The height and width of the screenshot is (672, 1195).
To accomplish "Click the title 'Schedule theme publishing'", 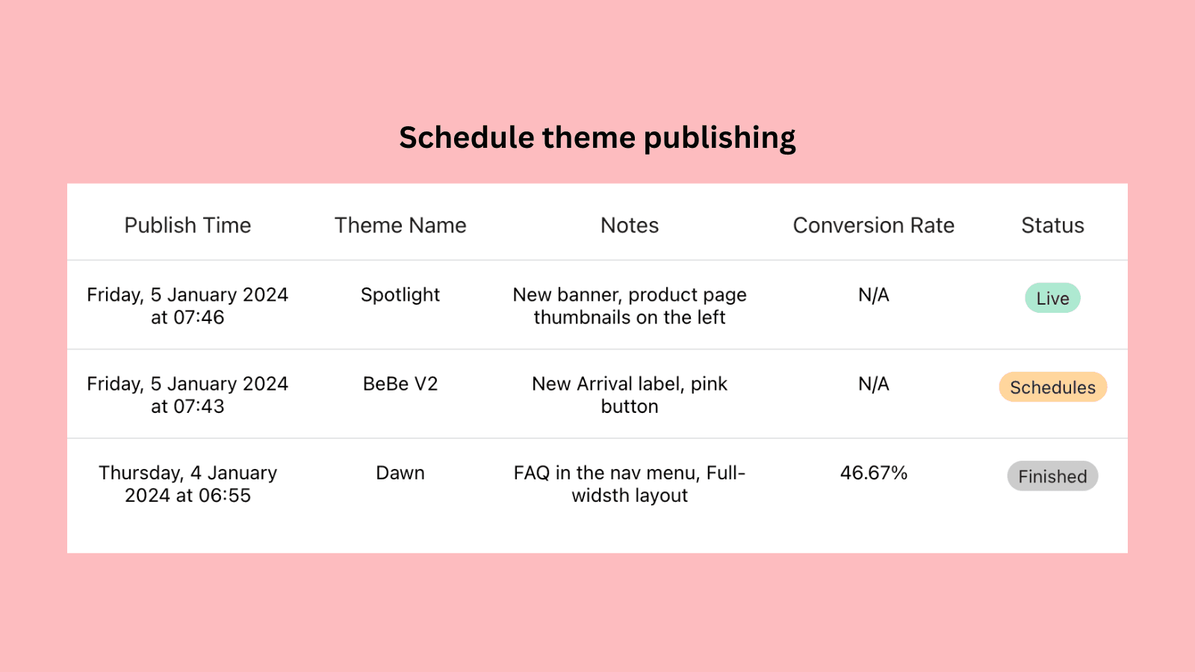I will coord(597,138).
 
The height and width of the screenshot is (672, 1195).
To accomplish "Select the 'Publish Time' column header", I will coord(187,225).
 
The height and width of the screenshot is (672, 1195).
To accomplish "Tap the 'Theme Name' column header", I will coord(400,225).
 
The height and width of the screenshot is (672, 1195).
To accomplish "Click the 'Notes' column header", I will coord(630,225).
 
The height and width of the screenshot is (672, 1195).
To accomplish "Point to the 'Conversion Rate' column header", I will coord(873,225).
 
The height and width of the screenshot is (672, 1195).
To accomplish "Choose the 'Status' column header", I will coord(1052,225).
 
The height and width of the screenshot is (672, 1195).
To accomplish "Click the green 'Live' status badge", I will coord(1052,298).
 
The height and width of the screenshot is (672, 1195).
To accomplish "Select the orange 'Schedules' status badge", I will coord(1052,387).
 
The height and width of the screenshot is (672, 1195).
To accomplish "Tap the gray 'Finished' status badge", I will coord(1052,476).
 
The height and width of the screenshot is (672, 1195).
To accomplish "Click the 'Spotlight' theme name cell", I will coord(400,295).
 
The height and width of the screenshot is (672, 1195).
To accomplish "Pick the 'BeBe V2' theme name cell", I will coord(400,384).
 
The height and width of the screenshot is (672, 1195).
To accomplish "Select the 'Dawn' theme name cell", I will coord(400,473).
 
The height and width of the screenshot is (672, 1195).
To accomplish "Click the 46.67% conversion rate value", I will coord(873,473).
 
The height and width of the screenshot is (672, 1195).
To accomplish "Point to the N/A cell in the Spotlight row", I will coord(873,295).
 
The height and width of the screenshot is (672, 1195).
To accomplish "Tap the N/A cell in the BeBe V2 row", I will coord(873,384).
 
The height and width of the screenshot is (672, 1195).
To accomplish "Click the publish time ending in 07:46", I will coord(187,306).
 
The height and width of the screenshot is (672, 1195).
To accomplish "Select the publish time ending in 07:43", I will coord(187,395).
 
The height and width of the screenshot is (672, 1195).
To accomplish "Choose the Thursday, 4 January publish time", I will coord(187,484).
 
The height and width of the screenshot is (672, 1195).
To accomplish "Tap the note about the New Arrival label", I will coord(630,395).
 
